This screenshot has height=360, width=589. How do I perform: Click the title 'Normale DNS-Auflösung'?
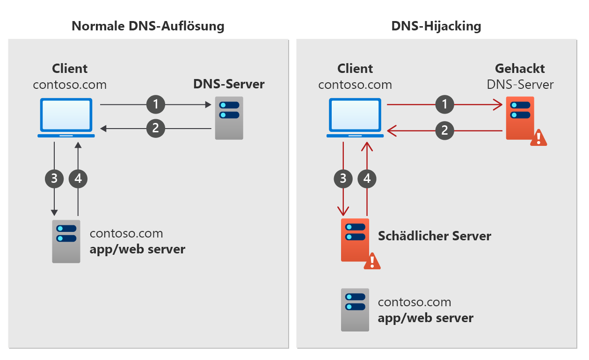tap(148, 26)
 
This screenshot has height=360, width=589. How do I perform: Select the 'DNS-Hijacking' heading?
tap(436, 26)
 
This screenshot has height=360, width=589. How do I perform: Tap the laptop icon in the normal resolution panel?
tap(66, 118)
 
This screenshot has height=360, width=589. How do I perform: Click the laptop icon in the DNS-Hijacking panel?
tap(355, 118)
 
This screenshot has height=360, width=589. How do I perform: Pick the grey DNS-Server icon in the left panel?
tap(229, 118)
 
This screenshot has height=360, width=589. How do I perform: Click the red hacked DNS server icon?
tap(519, 118)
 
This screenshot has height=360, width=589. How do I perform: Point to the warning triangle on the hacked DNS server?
tap(538, 137)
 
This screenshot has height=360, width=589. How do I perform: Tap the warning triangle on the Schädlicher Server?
tap(372, 261)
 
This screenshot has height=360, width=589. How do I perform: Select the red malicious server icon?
tap(355, 239)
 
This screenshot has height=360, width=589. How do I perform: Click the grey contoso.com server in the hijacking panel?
tap(355, 310)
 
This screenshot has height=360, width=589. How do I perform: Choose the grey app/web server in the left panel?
tap(66, 241)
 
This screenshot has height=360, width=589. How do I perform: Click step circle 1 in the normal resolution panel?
tap(156, 105)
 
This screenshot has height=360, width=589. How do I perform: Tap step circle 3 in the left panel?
tap(54, 178)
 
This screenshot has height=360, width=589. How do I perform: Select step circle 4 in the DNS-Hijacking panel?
tap(367, 178)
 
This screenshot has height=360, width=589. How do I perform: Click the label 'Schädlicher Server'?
tap(434, 236)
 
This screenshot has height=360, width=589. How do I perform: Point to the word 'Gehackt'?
tap(520, 69)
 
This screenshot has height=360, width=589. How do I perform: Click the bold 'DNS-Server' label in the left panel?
tap(229, 84)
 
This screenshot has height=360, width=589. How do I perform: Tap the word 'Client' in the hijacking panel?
tap(355, 69)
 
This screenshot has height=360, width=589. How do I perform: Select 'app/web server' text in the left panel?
tap(137, 249)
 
